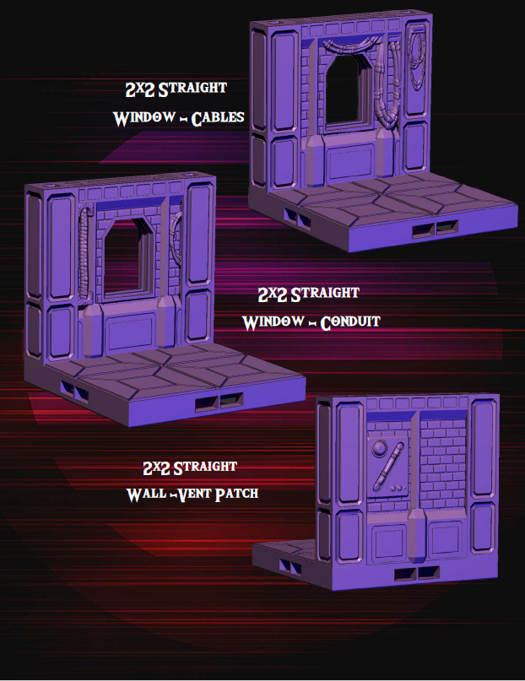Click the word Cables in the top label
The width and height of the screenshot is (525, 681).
[218, 118]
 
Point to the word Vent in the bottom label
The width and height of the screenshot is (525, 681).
[191, 494]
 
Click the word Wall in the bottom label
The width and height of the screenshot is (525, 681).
[145, 494]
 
